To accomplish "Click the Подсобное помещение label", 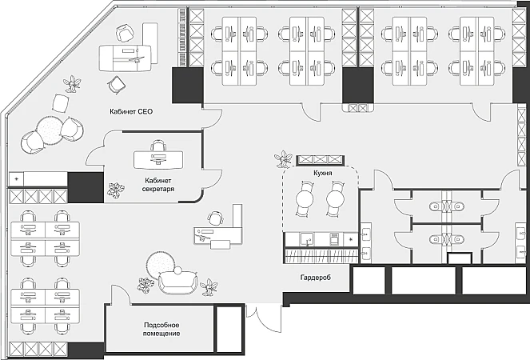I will (x=161, y=329).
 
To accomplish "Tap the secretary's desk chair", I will (x=158, y=146).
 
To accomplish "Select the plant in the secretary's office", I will (x=116, y=190).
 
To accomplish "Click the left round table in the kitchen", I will (x=305, y=198).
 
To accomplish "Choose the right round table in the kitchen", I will (x=333, y=198).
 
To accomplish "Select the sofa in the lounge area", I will (x=178, y=280).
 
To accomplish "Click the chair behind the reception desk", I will (x=214, y=218).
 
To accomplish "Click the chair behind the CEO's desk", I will (x=124, y=33).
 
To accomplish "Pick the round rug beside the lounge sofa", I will (x=158, y=265).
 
